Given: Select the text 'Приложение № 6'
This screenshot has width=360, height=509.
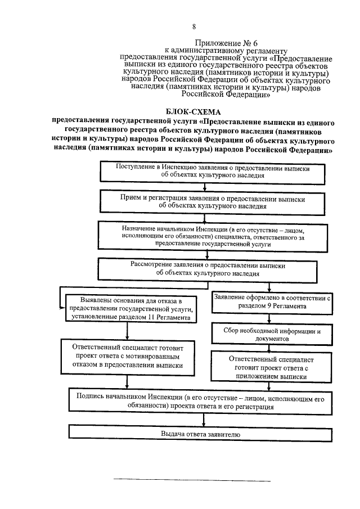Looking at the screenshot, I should click(223, 43).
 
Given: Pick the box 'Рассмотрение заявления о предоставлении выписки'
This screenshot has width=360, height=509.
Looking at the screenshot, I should click(209, 268).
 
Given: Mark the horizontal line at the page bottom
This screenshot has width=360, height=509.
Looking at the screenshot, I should click(192, 481).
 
